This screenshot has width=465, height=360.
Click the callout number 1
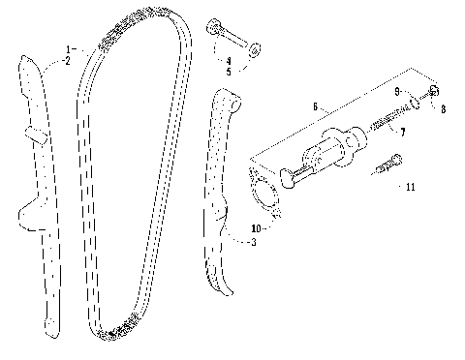[x=69, y=48]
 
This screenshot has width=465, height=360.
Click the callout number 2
[x=68, y=60]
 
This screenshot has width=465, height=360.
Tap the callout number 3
[x=253, y=242]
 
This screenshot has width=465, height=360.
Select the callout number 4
[x=230, y=60]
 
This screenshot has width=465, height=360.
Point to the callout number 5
[x=230, y=71]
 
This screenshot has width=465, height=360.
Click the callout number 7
[x=403, y=132]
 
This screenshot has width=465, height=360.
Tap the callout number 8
[x=443, y=109]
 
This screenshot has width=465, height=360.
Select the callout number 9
[x=397, y=90]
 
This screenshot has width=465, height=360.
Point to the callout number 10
[x=256, y=228]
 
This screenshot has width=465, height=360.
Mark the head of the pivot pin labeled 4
[x=212, y=26]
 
